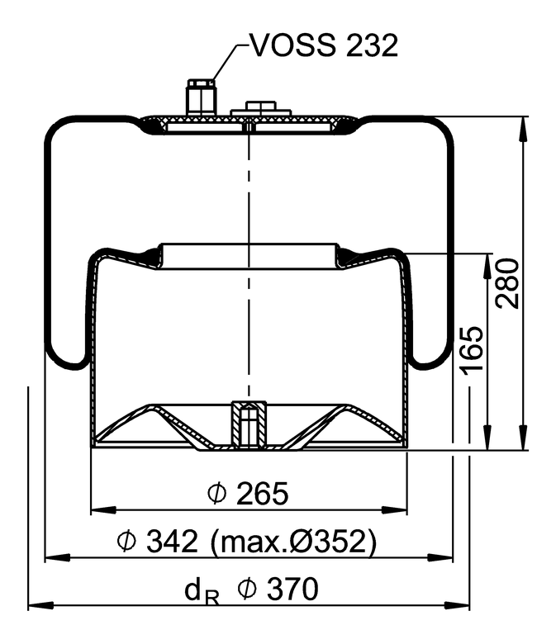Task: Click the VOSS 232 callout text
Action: click(324, 45)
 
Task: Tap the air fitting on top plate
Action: click(201, 97)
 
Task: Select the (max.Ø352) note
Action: click(294, 542)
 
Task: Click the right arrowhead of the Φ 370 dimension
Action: click(463, 607)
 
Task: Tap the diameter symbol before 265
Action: click(217, 494)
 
